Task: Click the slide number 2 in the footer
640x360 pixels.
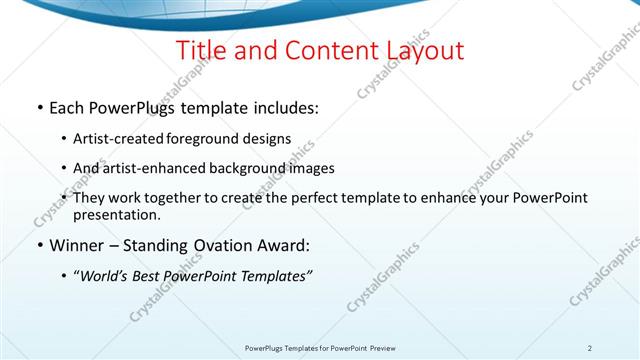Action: pos(589,348)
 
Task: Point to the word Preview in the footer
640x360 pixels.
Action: pos(381,348)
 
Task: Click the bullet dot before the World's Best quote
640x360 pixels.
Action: pos(65,276)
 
